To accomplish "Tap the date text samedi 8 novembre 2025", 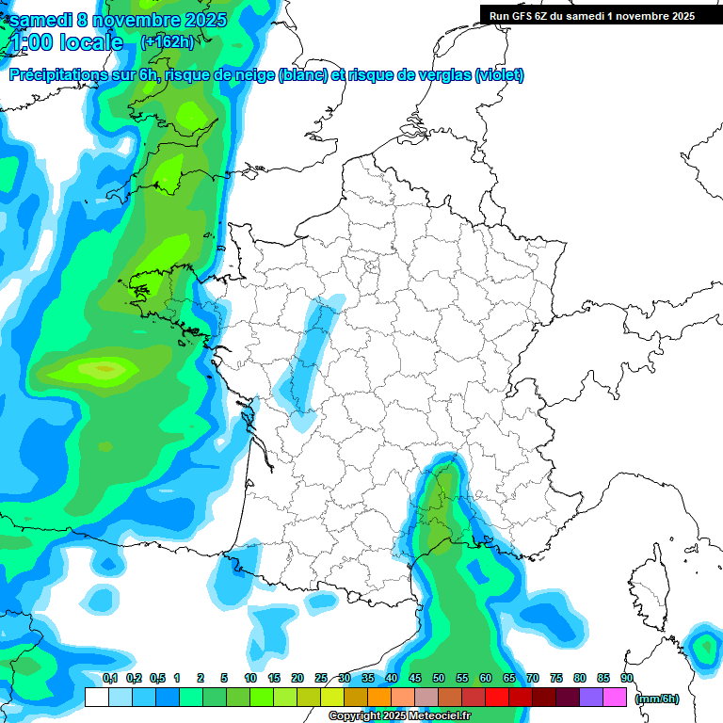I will pos(117,20).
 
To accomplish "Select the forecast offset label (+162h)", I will pos(167,41).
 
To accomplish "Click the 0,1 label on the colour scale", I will pos(110,678).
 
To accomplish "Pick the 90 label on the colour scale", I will pos(626,678).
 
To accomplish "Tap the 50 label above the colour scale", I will pos(439,678).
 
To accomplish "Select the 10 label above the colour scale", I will pos(250,678).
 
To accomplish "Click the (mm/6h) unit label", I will pos(656,698).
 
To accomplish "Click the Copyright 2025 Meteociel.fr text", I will pos(399,716).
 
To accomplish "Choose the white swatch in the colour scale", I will pos(96,698).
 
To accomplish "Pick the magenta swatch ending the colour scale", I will pos(615,698).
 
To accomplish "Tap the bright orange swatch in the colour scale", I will pos(378,698).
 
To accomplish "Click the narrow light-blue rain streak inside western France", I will pos(311,358).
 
